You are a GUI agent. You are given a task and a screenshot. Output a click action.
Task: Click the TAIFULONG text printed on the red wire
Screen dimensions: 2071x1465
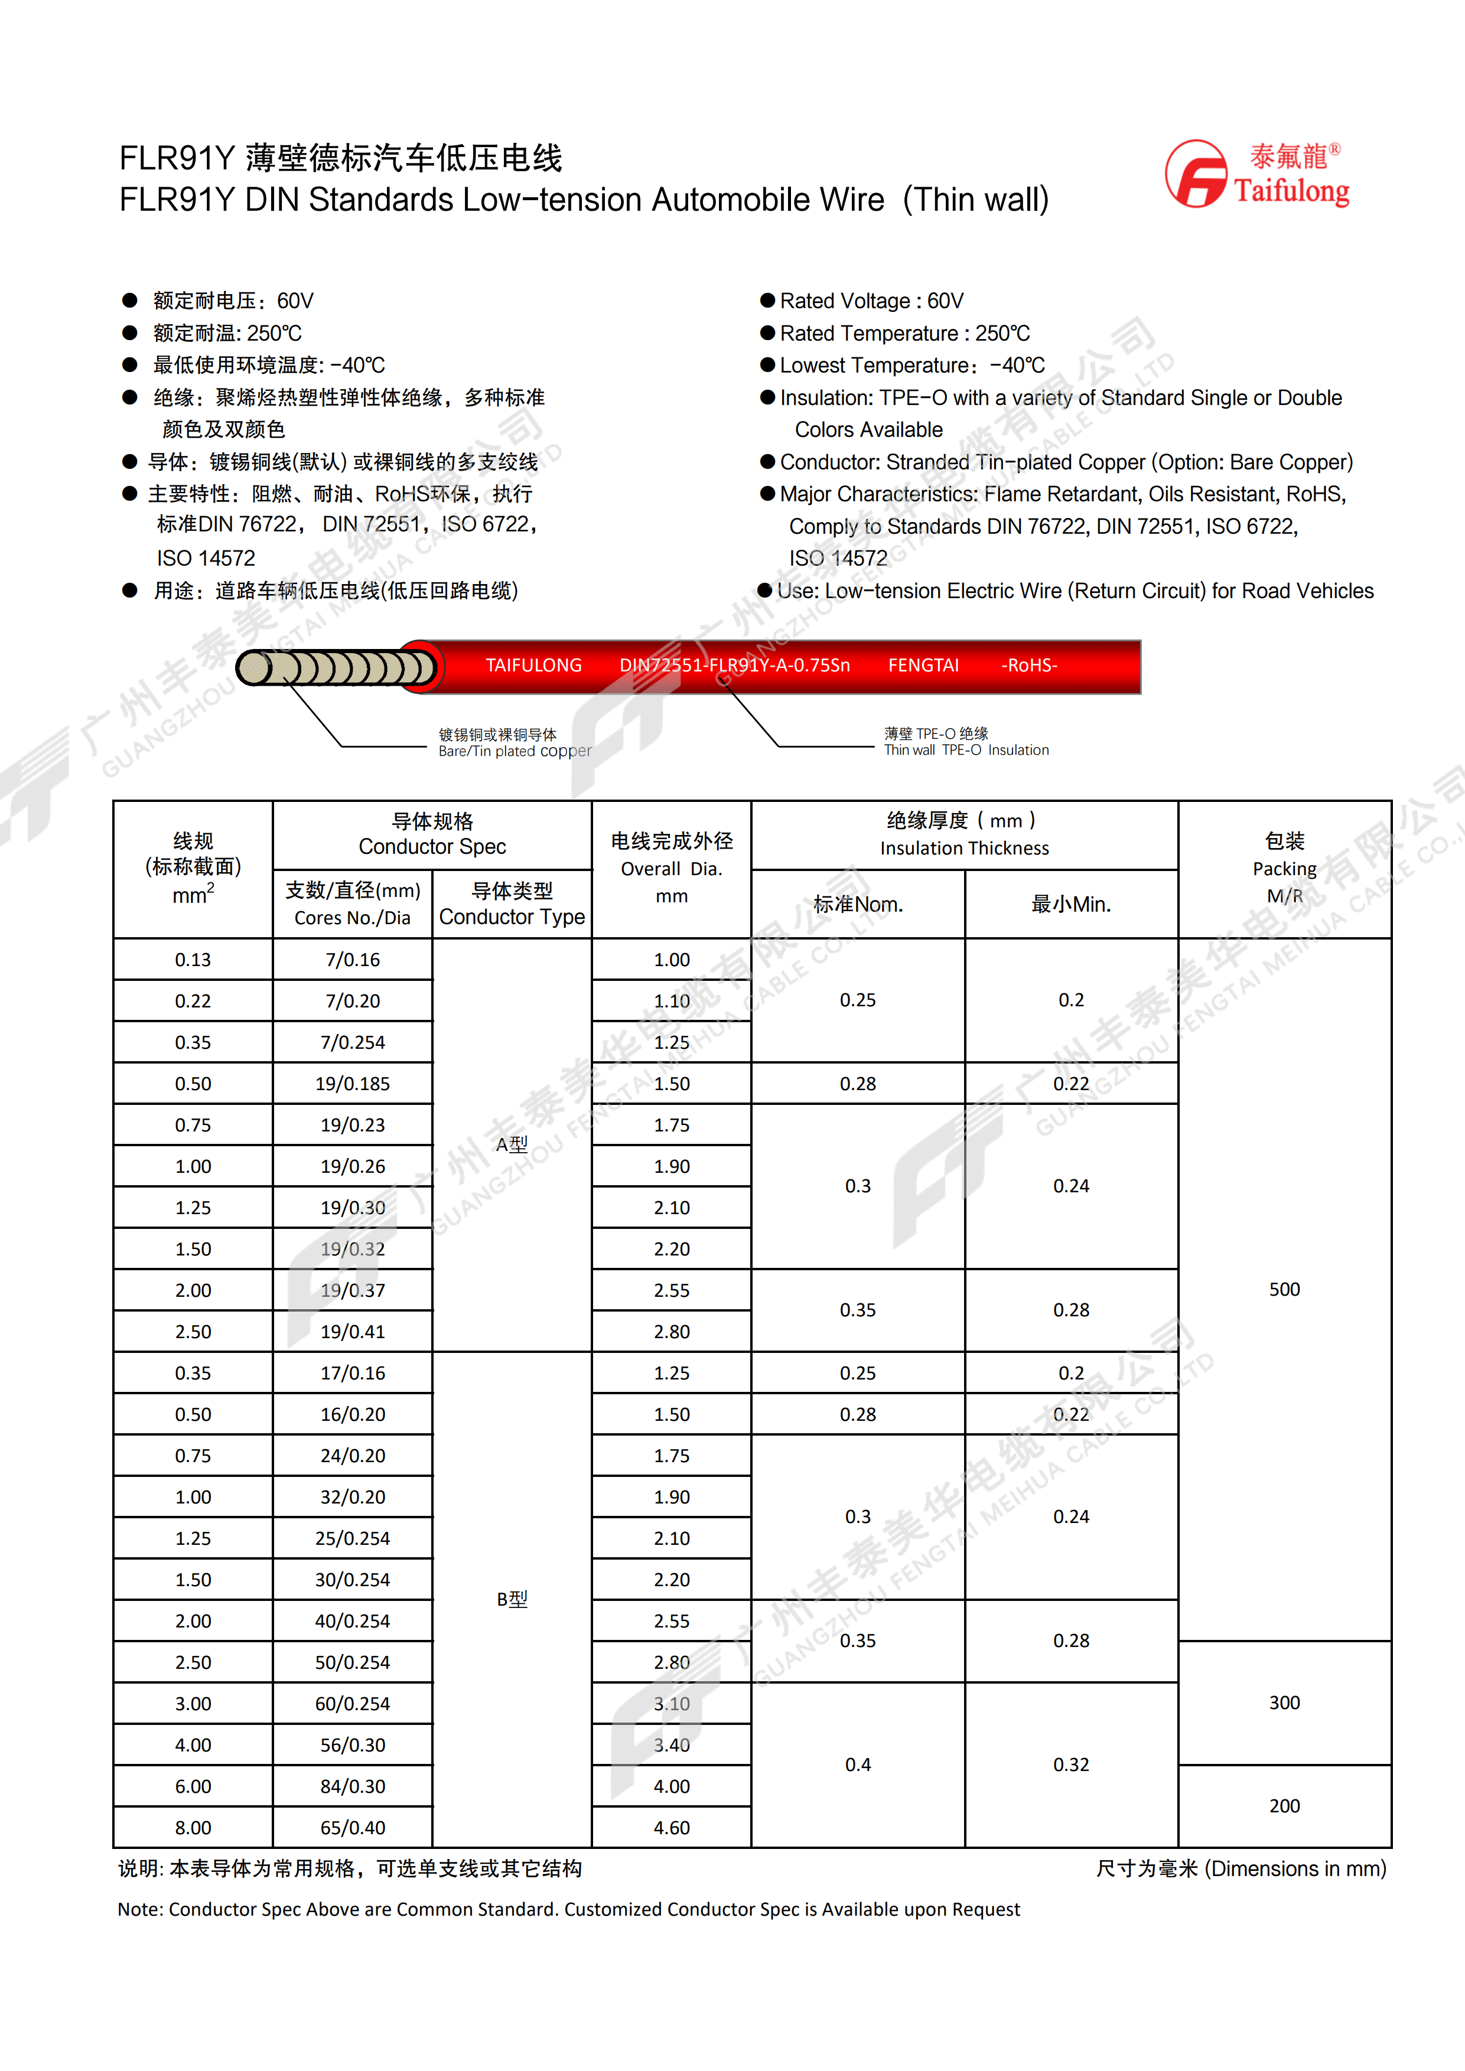[533, 666]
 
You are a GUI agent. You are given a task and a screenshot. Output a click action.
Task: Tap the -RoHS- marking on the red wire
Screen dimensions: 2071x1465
[1028, 666]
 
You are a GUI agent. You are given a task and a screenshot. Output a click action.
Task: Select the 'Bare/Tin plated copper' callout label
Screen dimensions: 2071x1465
[514, 743]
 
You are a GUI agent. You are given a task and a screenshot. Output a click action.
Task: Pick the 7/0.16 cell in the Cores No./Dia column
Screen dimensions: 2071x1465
[353, 960]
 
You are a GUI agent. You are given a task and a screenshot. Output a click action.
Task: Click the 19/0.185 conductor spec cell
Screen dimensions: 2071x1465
[353, 1083]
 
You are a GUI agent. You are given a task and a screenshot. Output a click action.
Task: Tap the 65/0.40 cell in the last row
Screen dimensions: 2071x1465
[353, 1828]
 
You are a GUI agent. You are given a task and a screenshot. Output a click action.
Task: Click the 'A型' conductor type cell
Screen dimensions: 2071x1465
[512, 1144]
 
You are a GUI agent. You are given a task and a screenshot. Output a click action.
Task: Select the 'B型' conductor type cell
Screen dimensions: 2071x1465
[512, 1599]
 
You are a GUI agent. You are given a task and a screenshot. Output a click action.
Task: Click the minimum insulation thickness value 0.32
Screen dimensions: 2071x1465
[1071, 1765]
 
